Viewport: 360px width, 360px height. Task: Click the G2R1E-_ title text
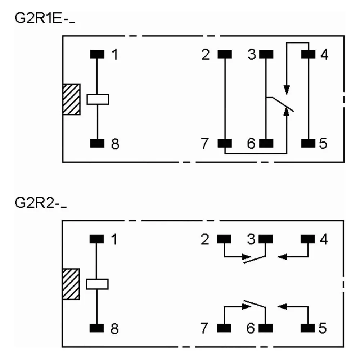45,18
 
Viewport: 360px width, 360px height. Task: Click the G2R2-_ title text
41,203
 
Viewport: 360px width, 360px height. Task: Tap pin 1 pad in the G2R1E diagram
97,54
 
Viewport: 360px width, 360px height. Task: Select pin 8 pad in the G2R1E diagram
97,143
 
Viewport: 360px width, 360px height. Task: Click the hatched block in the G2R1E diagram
71,99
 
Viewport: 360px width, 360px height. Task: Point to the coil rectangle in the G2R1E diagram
98,99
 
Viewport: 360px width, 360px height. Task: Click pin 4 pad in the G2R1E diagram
308,54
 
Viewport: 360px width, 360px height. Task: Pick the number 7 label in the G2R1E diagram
204,143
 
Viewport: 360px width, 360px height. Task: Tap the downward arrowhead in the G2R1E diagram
287,90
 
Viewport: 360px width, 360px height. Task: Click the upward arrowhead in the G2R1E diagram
287,111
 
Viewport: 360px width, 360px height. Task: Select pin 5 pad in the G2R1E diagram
308,143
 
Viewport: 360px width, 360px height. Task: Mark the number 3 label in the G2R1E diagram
252,55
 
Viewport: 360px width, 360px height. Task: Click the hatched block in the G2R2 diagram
71,284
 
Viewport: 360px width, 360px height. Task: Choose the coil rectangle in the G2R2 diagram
97,284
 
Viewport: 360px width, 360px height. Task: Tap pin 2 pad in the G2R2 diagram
224,239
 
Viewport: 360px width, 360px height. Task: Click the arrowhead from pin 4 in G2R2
282,257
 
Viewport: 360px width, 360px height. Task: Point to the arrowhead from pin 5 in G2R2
282,306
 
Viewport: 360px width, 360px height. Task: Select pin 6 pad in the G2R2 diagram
266,328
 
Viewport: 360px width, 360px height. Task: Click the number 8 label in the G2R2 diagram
114,329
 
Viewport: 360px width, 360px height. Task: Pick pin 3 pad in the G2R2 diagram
266,239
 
